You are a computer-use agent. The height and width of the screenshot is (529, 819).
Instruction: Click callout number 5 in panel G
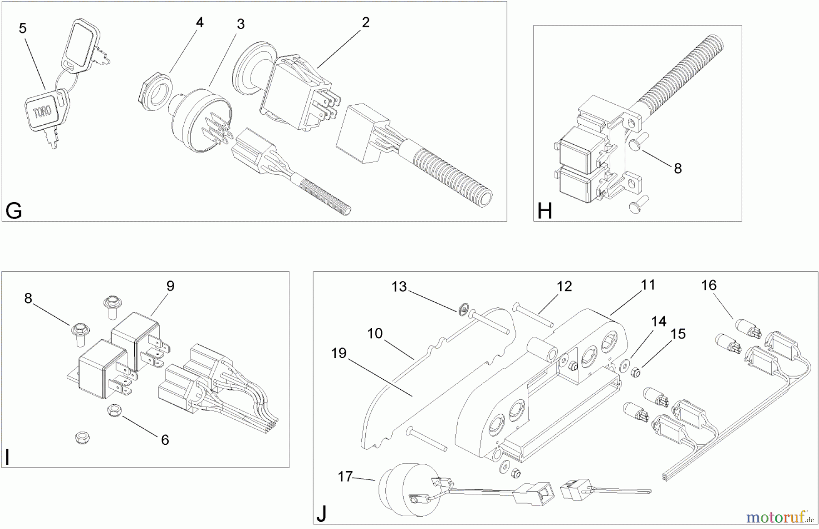(23, 28)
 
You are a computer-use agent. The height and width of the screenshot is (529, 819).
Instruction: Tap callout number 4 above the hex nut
(200, 22)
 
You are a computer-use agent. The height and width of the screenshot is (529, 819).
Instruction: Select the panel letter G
(14, 211)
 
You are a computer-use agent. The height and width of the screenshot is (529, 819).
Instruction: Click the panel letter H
(545, 211)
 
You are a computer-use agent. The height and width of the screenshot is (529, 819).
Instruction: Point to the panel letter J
(322, 514)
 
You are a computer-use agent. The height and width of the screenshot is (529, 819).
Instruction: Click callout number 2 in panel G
(366, 22)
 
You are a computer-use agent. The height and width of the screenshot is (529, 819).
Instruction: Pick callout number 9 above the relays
(170, 286)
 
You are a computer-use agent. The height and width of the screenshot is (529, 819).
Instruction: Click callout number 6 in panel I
(165, 440)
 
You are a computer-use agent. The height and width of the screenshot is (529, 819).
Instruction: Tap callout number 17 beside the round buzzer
(345, 476)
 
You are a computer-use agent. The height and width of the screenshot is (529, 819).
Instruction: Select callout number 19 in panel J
(339, 353)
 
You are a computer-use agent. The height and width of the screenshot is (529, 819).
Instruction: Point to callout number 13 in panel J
(399, 287)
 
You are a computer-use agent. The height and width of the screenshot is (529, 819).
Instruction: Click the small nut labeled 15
(636, 373)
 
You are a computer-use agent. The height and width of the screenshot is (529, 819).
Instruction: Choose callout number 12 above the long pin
(564, 286)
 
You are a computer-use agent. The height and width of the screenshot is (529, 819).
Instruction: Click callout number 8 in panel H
(677, 168)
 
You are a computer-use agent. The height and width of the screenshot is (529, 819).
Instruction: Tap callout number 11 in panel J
(648, 285)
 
